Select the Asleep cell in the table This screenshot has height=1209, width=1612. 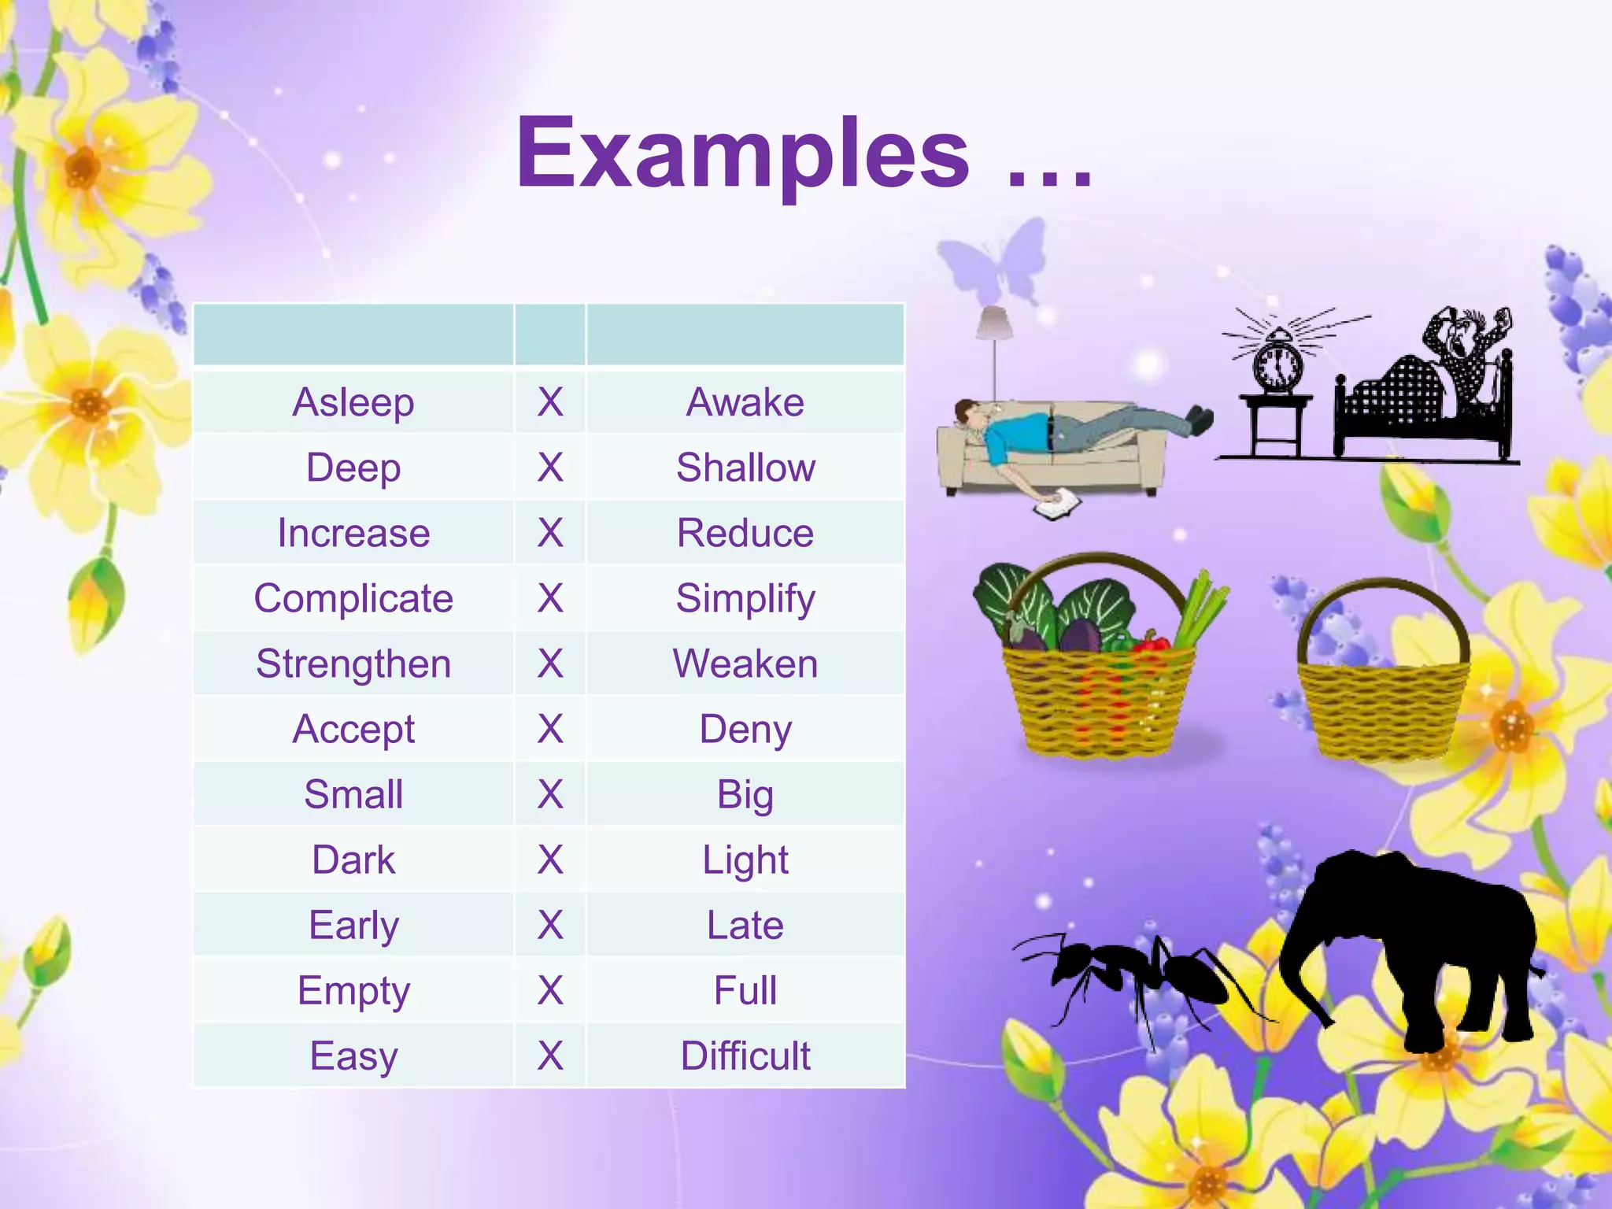[x=353, y=402]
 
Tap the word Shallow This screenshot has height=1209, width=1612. [x=745, y=468]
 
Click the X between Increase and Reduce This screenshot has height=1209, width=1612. [x=550, y=533]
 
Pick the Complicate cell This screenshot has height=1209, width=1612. [x=353, y=598]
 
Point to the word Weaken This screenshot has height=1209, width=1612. [x=745, y=664]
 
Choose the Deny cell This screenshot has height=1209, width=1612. [x=745, y=729]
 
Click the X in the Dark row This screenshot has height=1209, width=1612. [x=550, y=860]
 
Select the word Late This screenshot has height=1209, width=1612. [x=745, y=925]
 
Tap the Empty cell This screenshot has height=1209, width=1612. [x=353, y=990]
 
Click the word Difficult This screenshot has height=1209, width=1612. [x=745, y=1056]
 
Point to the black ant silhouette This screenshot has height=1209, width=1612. [x=1133, y=976]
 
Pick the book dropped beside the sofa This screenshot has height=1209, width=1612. [x=1057, y=504]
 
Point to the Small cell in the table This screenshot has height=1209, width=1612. [x=353, y=794]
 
